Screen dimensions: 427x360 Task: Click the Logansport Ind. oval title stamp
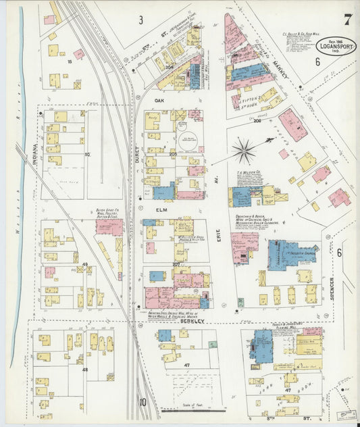pyautogui.click(x=336, y=47)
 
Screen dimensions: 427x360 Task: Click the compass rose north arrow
pyautogui.click(x=243, y=150)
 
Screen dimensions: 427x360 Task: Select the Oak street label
pyautogui.click(x=160, y=101)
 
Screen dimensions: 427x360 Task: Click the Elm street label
pyautogui.click(x=161, y=209)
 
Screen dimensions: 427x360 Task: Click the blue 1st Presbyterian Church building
pyautogui.click(x=290, y=255)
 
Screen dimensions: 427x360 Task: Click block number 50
pyautogui.click(x=86, y=155)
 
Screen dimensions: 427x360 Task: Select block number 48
pyautogui.click(x=85, y=370)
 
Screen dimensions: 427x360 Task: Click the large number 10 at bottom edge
pyautogui.click(x=143, y=402)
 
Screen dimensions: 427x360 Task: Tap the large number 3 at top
pyautogui.click(x=141, y=20)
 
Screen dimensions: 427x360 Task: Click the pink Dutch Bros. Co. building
pyautogui.click(x=109, y=227)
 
